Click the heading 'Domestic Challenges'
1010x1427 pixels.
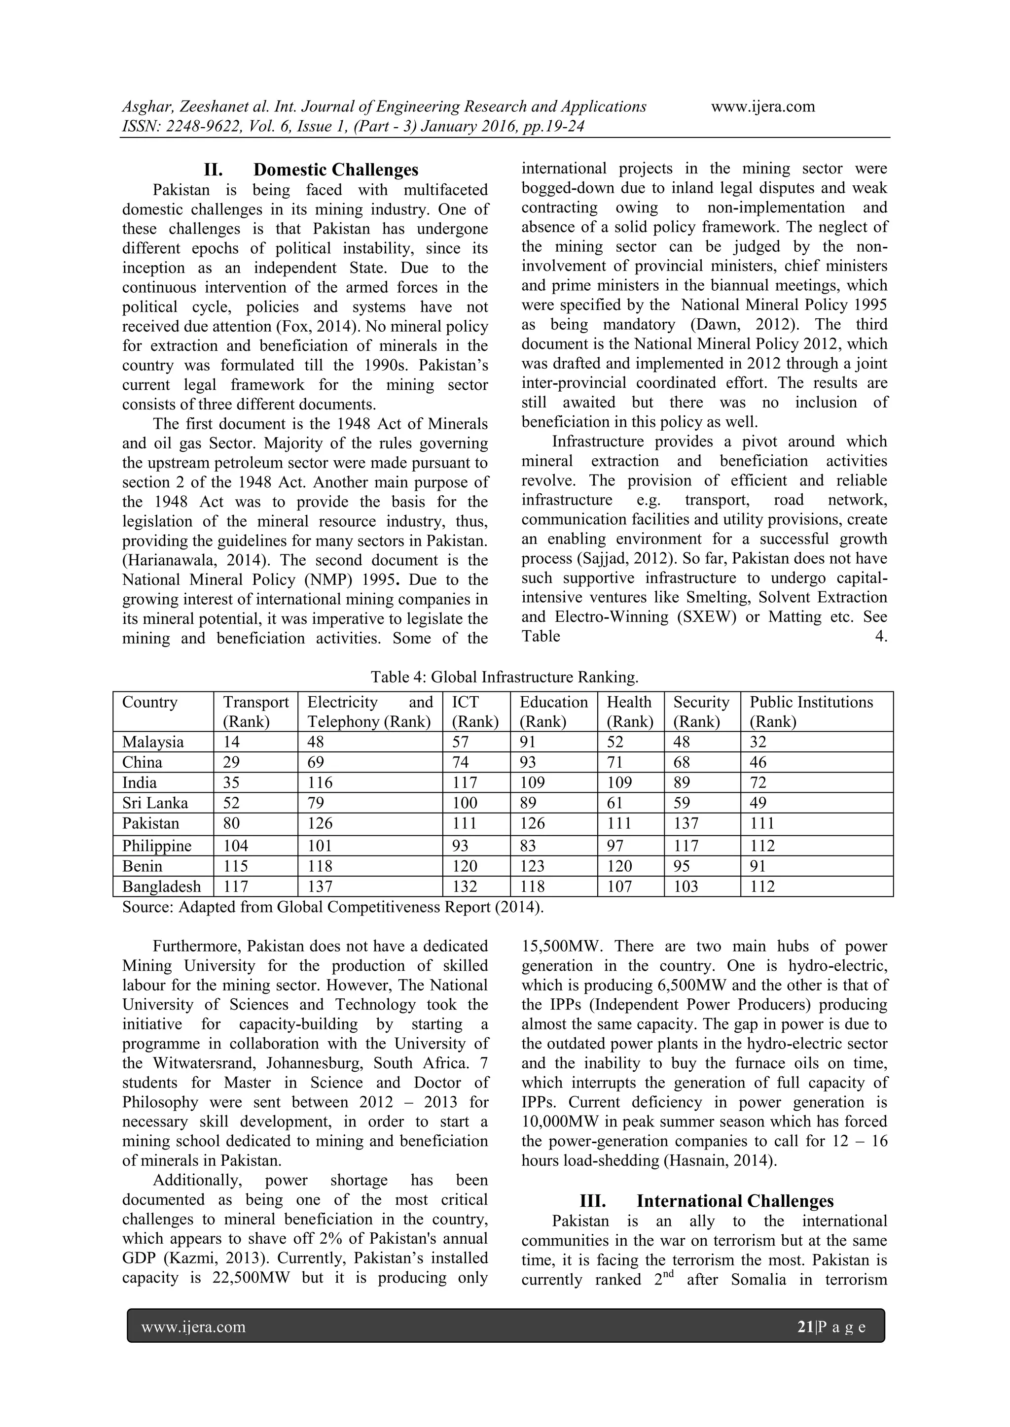click(336, 170)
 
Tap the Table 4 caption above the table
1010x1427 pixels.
click(505, 676)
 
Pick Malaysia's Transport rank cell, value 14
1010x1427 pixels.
click(231, 742)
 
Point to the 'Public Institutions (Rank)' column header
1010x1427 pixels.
click(810, 712)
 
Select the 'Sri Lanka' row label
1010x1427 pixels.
click(155, 803)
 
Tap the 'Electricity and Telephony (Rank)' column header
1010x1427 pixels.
click(369, 712)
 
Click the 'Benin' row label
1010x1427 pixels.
click(142, 866)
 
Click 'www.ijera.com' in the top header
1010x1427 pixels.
click(762, 106)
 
